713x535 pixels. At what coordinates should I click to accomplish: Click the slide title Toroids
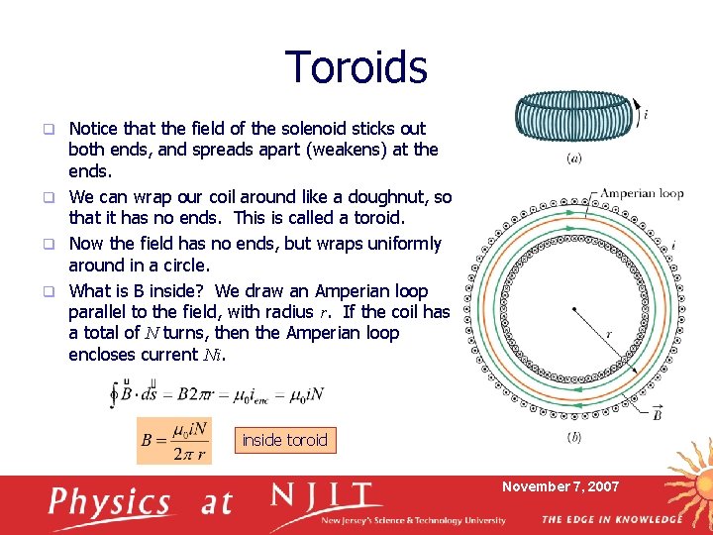(356, 67)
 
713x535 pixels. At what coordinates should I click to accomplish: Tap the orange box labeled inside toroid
(284, 440)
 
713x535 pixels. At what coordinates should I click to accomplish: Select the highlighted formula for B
(174, 440)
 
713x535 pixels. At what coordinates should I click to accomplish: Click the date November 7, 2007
(560, 486)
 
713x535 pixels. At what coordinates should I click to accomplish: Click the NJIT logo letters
(326, 496)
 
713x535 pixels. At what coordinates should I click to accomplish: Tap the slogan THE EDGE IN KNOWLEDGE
(611, 519)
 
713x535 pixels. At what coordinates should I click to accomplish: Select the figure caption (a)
(573, 158)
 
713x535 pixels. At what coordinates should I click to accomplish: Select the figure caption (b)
(573, 437)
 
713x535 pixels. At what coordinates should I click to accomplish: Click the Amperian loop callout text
(642, 193)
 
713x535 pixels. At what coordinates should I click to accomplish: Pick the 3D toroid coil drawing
(573, 116)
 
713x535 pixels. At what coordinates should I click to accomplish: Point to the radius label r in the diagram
(608, 335)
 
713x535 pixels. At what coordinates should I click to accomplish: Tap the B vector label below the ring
(657, 413)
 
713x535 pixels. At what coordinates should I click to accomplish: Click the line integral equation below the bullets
(214, 394)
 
